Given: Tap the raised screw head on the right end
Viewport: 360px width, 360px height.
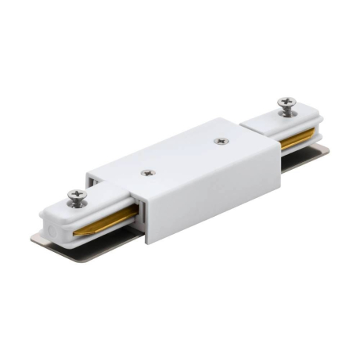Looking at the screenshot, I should coord(286,103).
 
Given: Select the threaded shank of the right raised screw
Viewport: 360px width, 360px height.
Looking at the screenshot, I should coord(288,111).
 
